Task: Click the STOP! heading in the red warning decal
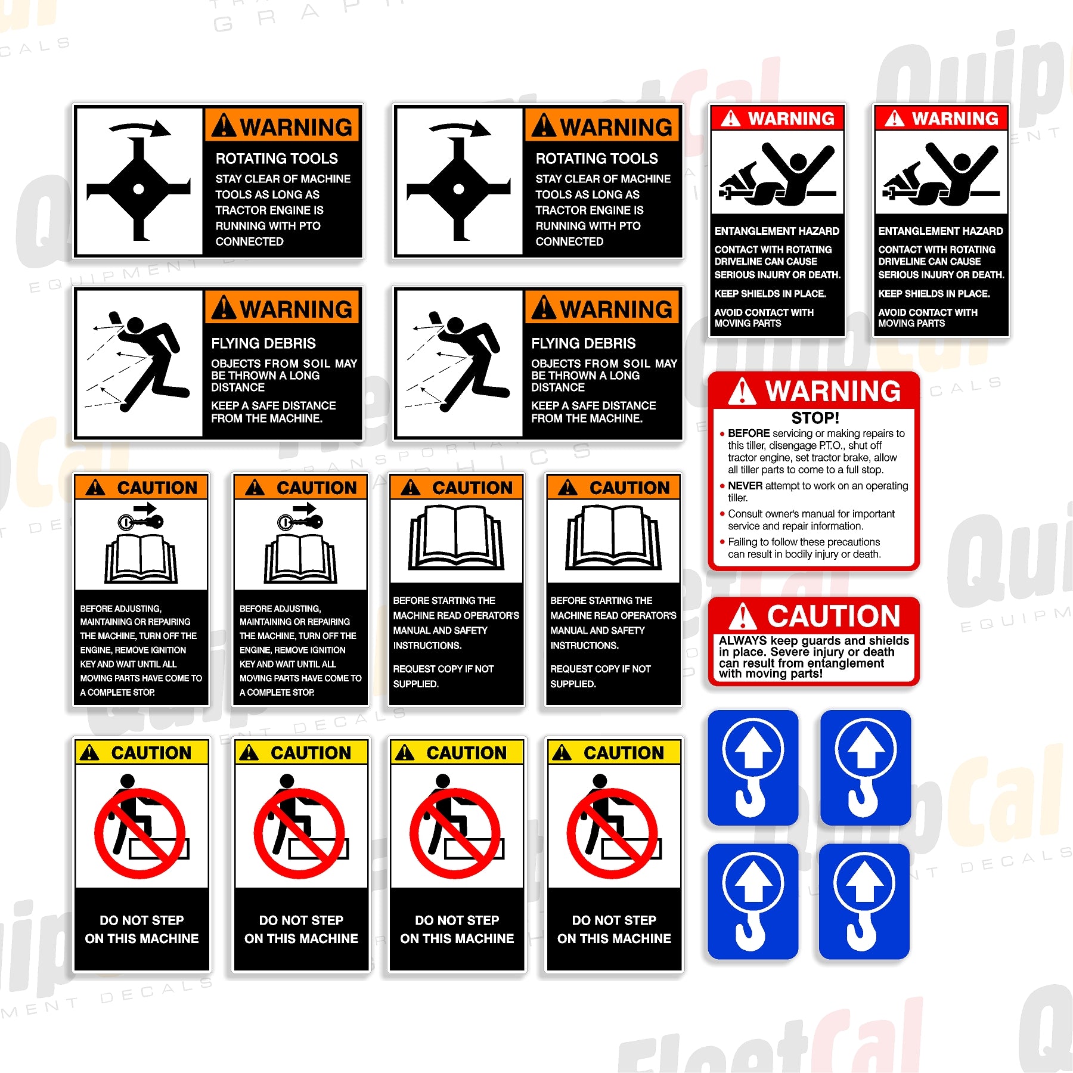click(815, 418)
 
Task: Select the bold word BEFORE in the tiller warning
click(749, 433)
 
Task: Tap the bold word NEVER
click(745, 486)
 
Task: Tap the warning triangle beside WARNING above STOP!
click(743, 391)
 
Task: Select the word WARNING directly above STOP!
click(833, 391)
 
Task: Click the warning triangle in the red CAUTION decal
click(743, 616)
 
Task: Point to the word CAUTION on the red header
click(833, 616)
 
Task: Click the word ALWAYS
click(743, 641)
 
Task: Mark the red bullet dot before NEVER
click(722, 486)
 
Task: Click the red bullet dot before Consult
click(722, 514)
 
